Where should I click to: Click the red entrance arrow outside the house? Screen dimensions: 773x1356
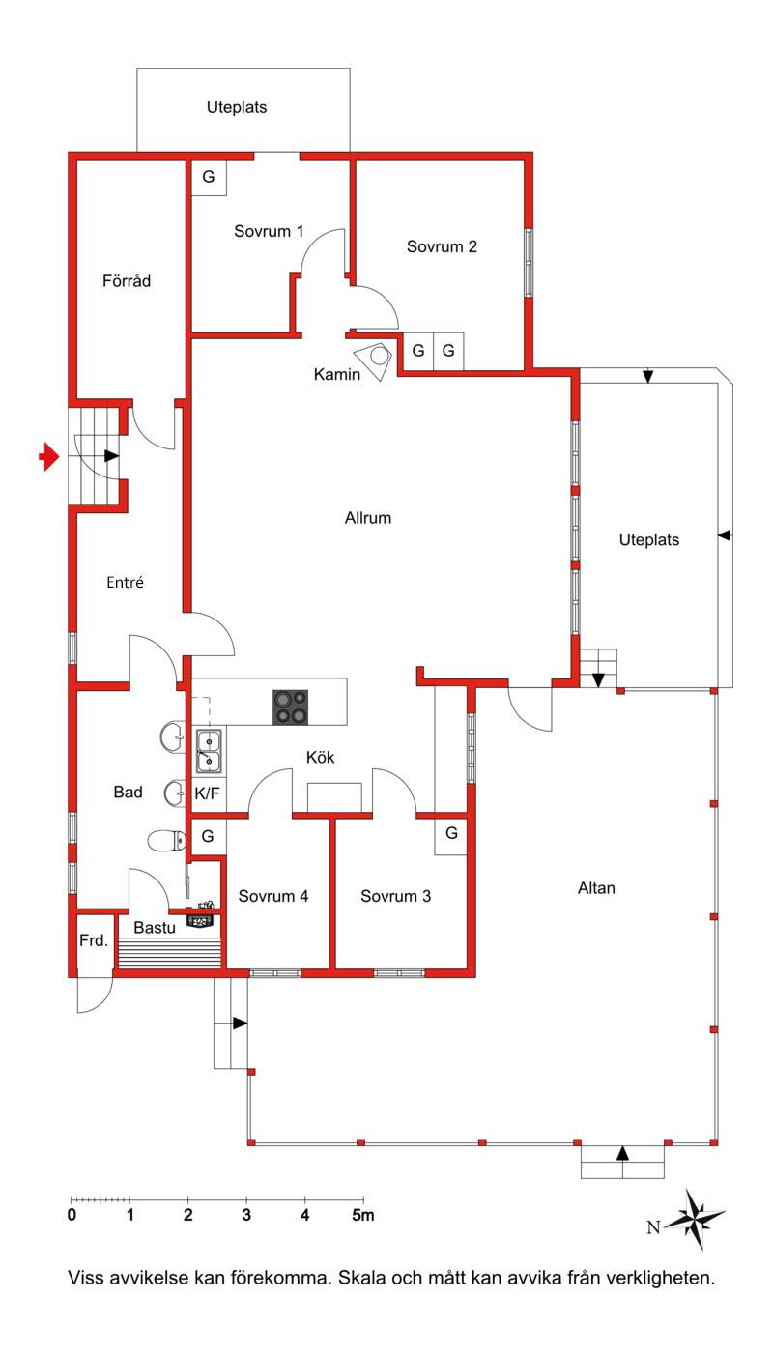(49, 456)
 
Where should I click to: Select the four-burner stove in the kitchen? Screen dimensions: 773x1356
(291, 707)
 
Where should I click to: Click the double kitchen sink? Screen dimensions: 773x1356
(209, 751)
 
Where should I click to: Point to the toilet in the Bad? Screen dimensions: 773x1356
(166, 840)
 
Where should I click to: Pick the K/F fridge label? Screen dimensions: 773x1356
(207, 793)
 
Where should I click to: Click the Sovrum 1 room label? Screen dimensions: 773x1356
(269, 231)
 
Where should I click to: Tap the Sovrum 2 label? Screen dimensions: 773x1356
(442, 246)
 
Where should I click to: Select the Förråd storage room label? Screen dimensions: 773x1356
(126, 280)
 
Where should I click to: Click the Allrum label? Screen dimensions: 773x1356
(368, 518)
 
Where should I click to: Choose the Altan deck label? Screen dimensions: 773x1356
(596, 888)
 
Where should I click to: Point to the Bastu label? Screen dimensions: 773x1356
(155, 928)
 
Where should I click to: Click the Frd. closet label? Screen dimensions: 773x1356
(93, 940)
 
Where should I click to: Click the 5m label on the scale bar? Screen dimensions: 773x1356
(363, 1215)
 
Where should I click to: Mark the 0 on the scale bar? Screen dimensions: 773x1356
(72, 1215)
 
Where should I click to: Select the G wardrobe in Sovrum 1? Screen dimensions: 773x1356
(209, 178)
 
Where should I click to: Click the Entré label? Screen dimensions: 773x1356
(125, 582)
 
